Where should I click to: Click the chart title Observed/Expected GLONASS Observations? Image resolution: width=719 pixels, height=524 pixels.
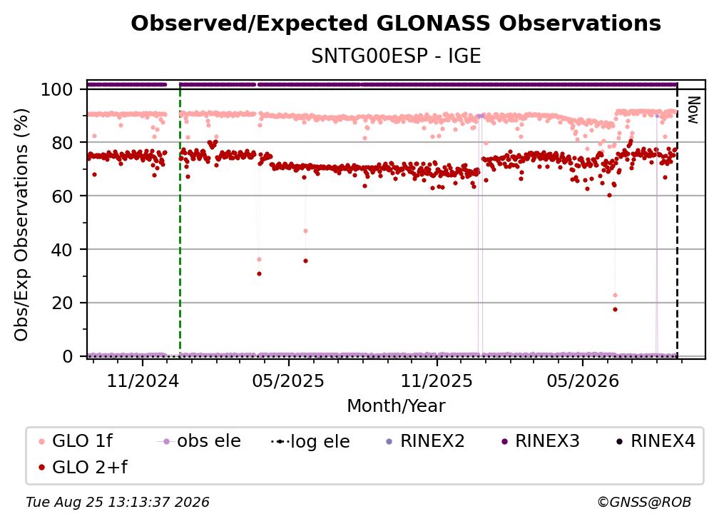[x=396, y=24]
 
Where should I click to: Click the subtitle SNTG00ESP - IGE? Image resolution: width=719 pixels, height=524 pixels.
[x=396, y=56]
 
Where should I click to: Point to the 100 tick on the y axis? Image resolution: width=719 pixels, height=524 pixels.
[x=56, y=89]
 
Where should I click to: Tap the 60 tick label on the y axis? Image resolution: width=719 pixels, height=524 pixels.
[x=62, y=196]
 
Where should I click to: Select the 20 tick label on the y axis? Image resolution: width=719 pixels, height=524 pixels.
[x=62, y=303]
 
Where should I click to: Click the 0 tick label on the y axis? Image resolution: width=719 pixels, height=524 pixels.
[x=68, y=356]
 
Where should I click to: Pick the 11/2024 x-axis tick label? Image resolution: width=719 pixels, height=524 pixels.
[x=143, y=381]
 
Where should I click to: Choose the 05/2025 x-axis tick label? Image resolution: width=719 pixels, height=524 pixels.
[x=288, y=381]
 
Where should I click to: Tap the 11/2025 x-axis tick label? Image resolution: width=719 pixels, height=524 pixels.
[x=437, y=381]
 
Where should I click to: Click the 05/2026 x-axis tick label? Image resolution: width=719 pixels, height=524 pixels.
[x=583, y=381]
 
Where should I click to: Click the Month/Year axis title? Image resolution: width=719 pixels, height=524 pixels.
[x=396, y=406]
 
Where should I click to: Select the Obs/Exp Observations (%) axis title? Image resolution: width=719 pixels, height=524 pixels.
[x=21, y=225]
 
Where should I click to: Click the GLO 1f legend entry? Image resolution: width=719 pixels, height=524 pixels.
[x=76, y=441]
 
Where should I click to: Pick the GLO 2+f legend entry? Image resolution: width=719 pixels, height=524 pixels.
[x=83, y=467]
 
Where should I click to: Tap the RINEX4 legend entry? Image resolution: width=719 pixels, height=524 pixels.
[x=656, y=441]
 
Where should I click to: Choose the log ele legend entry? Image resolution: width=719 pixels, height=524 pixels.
[x=310, y=441]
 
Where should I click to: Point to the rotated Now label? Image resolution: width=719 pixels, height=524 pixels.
[x=693, y=110]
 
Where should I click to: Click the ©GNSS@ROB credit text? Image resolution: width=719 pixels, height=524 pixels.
[x=644, y=502]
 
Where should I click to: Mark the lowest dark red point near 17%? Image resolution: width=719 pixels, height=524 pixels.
[x=615, y=310]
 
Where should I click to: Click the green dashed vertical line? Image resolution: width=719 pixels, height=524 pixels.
[x=180, y=220]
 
